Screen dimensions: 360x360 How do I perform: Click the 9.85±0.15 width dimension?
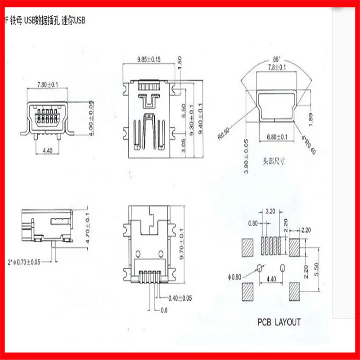pos(148,59)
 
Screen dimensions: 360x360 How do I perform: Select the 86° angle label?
pos(276,59)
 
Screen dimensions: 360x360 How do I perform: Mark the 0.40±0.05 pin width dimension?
pos(180,298)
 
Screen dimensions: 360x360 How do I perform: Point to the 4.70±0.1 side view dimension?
pos(88,229)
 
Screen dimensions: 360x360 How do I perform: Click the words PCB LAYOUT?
pos(279,322)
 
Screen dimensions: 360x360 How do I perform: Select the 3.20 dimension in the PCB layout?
pos(270,210)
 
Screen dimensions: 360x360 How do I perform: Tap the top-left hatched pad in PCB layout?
pos(247,247)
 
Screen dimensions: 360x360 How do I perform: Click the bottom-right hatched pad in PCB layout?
pos(295,291)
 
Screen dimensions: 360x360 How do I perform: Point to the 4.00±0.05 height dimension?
pos(91,116)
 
